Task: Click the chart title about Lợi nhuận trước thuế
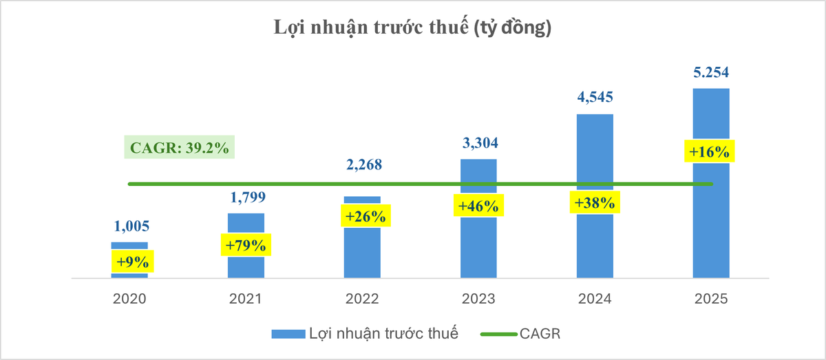click(412, 28)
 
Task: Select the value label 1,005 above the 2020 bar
click(130, 227)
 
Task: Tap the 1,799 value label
click(246, 198)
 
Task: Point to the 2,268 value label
click(362, 165)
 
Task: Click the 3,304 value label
click(478, 143)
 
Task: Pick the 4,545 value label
click(594, 97)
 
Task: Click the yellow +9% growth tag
click(130, 262)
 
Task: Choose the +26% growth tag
click(362, 215)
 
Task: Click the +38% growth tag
click(594, 203)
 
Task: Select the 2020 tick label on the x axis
click(130, 299)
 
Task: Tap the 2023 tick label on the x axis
click(478, 299)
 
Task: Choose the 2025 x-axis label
click(710, 299)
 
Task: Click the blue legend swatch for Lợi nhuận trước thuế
click(288, 335)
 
